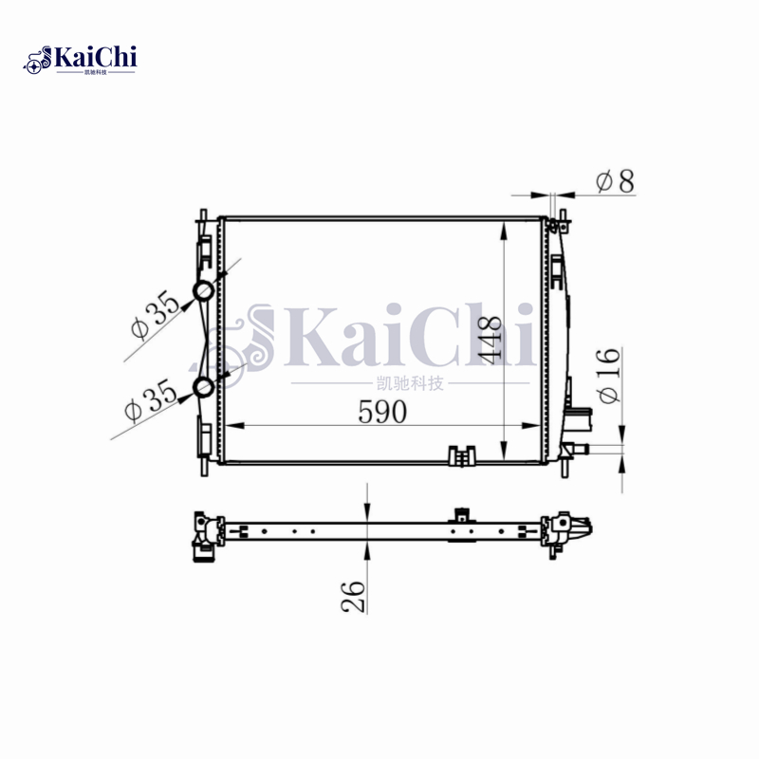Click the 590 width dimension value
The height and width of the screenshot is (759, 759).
pos(382,412)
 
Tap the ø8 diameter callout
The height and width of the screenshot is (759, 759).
pos(615,180)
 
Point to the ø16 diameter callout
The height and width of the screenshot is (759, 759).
pos(609,376)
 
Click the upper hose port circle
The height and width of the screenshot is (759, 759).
pos(204,290)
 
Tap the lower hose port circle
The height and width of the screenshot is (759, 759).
pos(204,386)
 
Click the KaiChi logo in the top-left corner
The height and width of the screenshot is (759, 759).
pos(81,59)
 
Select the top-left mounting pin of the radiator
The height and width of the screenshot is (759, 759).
pos(202,219)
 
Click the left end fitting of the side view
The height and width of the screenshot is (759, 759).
pos(204,536)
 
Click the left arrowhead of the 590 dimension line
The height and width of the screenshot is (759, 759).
pos(226,424)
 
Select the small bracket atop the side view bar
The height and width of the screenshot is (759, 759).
pos(462,515)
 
